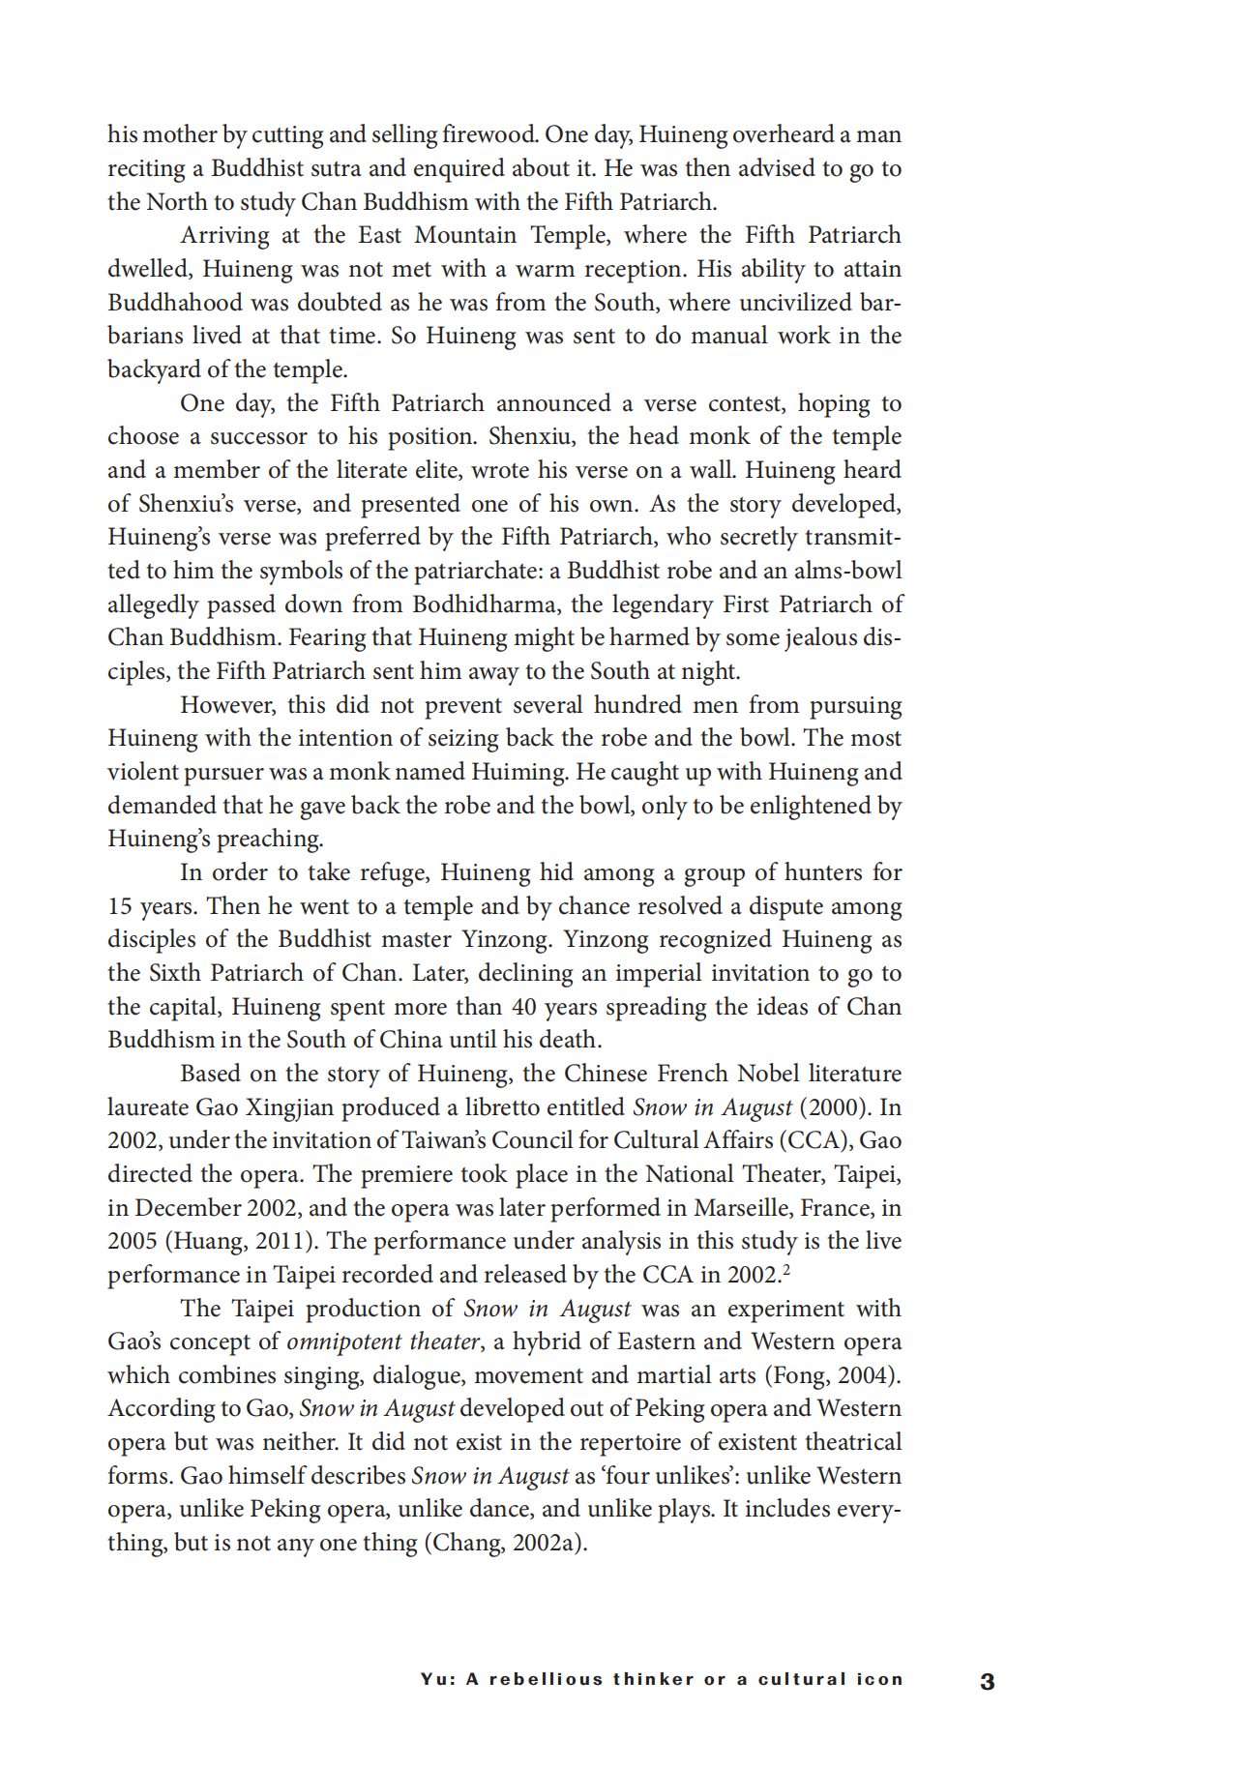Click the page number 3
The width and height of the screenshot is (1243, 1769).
click(987, 1681)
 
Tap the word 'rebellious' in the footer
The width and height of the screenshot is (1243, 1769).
click(545, 1679)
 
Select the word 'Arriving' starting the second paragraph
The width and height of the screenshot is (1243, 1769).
click(224, 235)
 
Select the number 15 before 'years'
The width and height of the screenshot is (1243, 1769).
click(120, 906)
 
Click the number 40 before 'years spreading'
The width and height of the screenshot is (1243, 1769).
click(524, 1007)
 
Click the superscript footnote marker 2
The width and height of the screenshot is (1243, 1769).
click(786, 1268)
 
